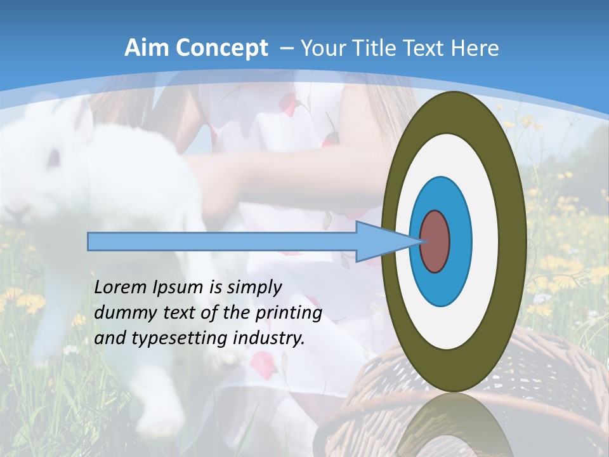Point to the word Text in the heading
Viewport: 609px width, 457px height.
[x=426, y=48]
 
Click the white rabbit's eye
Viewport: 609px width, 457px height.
[x=55, y=155]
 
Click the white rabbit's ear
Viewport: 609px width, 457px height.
[x=82, y=117]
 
